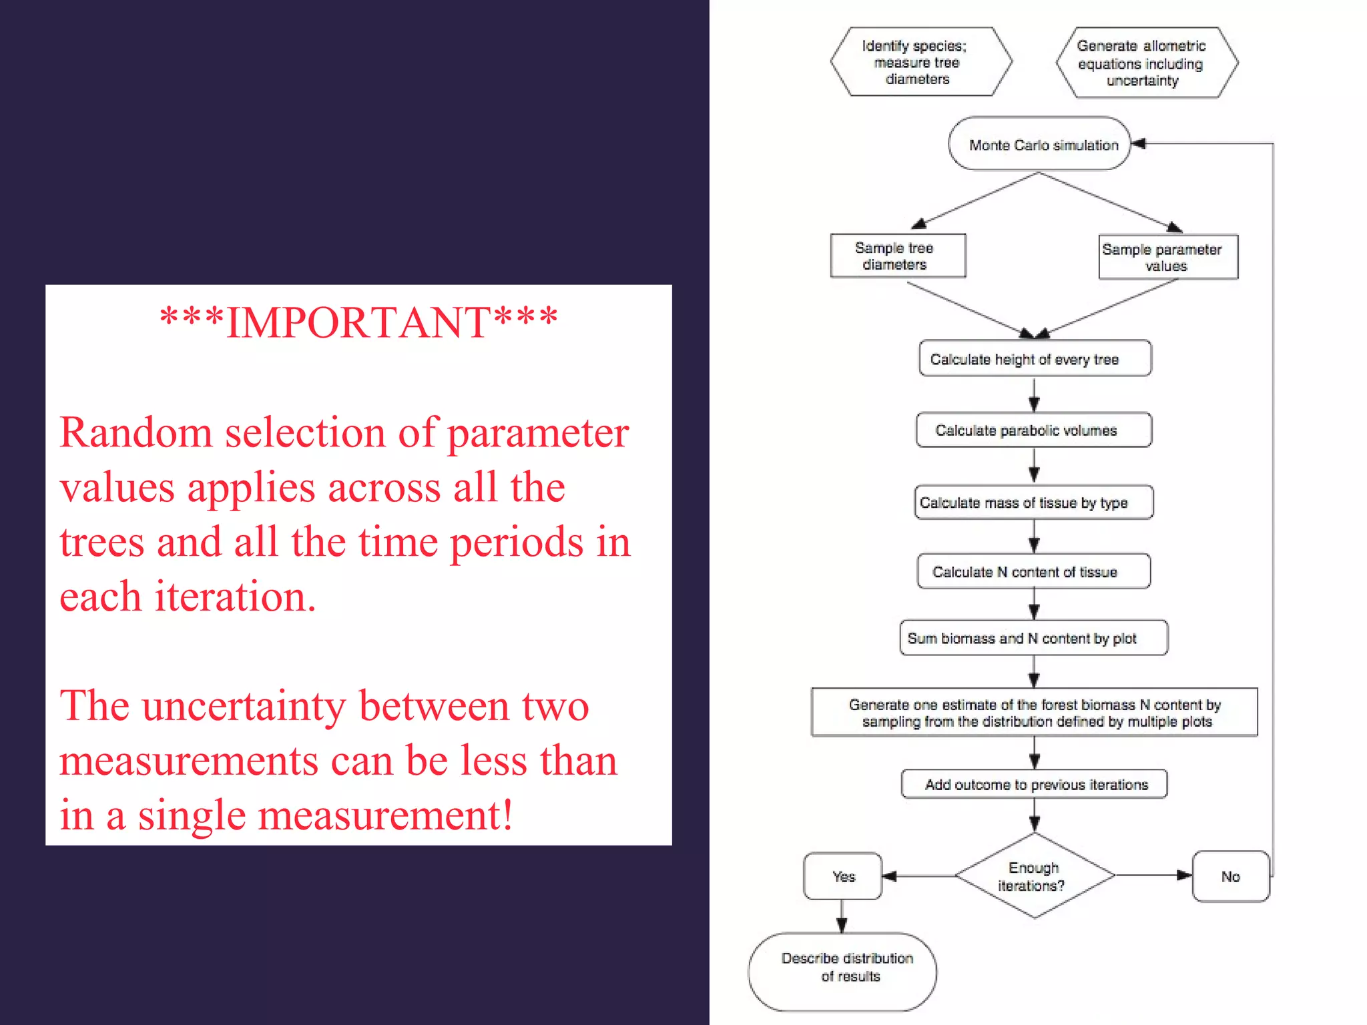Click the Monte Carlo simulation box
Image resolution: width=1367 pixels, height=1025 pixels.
coord(1039,144)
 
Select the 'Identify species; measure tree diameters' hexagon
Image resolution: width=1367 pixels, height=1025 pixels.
coord(920,62)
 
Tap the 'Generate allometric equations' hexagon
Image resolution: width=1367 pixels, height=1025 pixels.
coord(1146,63)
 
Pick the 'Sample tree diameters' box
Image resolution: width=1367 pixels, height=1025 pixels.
coord(898,256)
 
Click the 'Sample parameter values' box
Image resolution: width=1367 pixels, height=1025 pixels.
coord(1167,257)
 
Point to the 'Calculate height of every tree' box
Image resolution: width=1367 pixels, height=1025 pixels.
coord(1035,359)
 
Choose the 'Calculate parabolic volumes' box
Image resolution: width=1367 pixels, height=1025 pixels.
coord(1034,430)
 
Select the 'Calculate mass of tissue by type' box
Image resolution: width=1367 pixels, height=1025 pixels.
coord(1033,502)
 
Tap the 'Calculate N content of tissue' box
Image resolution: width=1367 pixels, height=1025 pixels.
coord(1033,571)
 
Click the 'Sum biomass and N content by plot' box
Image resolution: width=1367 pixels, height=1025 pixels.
coord(1033,638)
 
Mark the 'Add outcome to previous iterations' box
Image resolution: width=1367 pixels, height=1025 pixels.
coord(1034,784)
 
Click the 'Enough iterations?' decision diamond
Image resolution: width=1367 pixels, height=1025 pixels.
coord(1035,876)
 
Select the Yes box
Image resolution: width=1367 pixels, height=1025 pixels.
coord(843,876)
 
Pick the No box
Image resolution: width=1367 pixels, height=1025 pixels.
coord(1230,876)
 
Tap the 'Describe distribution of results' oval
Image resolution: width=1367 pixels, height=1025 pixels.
coord(842,972)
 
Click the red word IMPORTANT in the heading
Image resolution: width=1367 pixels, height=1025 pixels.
coord(358,323)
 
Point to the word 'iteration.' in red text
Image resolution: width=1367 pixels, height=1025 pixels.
coord(235,596)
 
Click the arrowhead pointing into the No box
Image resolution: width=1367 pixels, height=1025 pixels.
coord(1184,876)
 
